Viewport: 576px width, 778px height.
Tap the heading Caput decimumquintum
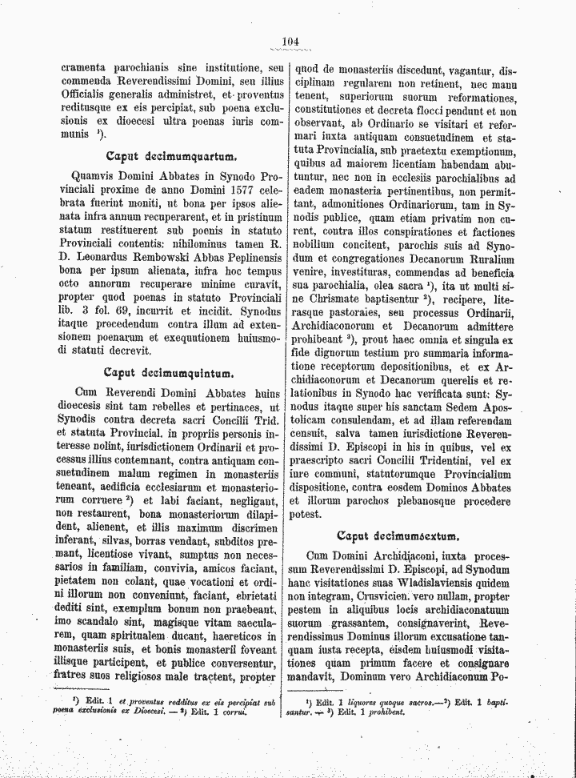click(x=168, y=371)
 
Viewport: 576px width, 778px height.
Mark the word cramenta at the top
click(x=86, y=69)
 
